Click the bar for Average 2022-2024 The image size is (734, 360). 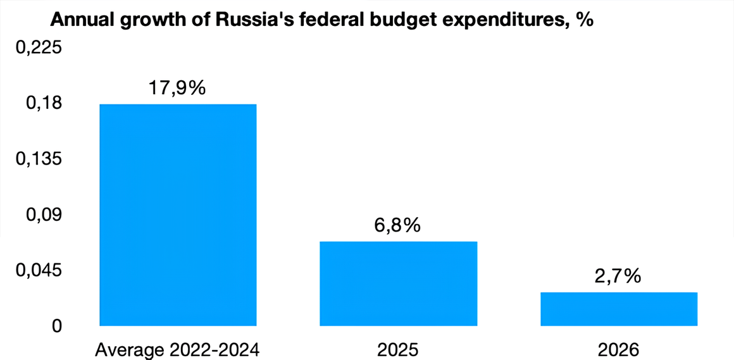point(178,215)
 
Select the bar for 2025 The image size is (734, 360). point(398,283)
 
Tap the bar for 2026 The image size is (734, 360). point(619,309)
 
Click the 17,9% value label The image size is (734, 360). point(177,88)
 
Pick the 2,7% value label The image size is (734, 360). point(618,276)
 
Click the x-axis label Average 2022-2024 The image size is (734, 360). point(177,349)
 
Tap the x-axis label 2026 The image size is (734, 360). point(618,349)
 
